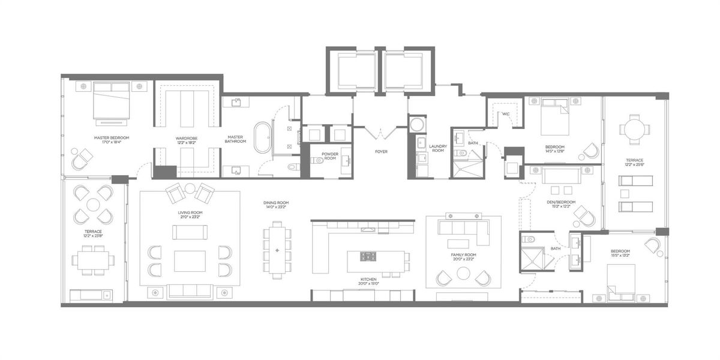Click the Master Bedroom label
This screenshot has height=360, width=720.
click(112, 137)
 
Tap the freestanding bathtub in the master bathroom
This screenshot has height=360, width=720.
click(263, 136)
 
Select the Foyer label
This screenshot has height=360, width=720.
click(380, 151)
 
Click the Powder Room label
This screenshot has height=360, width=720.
click(330, 156)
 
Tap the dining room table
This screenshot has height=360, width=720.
click(277, 250)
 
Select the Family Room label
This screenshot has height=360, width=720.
click(463, 255)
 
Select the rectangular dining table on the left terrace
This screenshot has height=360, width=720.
click(93, 260)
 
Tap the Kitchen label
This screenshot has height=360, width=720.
click(368, 280)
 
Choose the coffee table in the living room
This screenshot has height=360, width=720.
click(190, 261)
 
